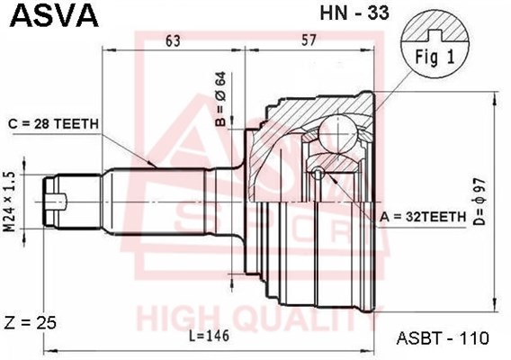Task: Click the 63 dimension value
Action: (x=172, y=40)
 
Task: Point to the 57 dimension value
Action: (x=308, y=40)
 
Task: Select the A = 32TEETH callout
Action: (x=423, y=217)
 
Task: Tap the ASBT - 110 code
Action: (x=443, y=338)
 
